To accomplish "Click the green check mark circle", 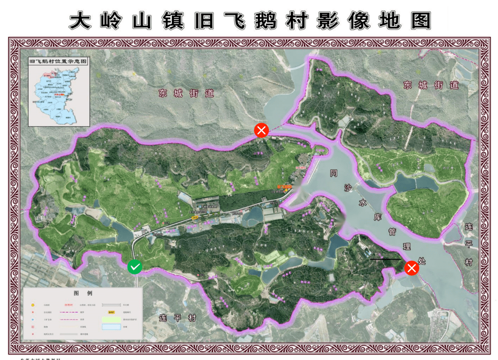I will pos(135,266).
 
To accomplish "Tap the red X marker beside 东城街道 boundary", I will pos(261,130).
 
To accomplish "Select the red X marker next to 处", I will pos(411,268).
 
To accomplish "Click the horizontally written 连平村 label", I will pos(178,319).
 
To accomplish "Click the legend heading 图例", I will pos(83,293).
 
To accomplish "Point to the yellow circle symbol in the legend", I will pos(33,305).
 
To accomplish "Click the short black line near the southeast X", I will pos(385,259).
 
